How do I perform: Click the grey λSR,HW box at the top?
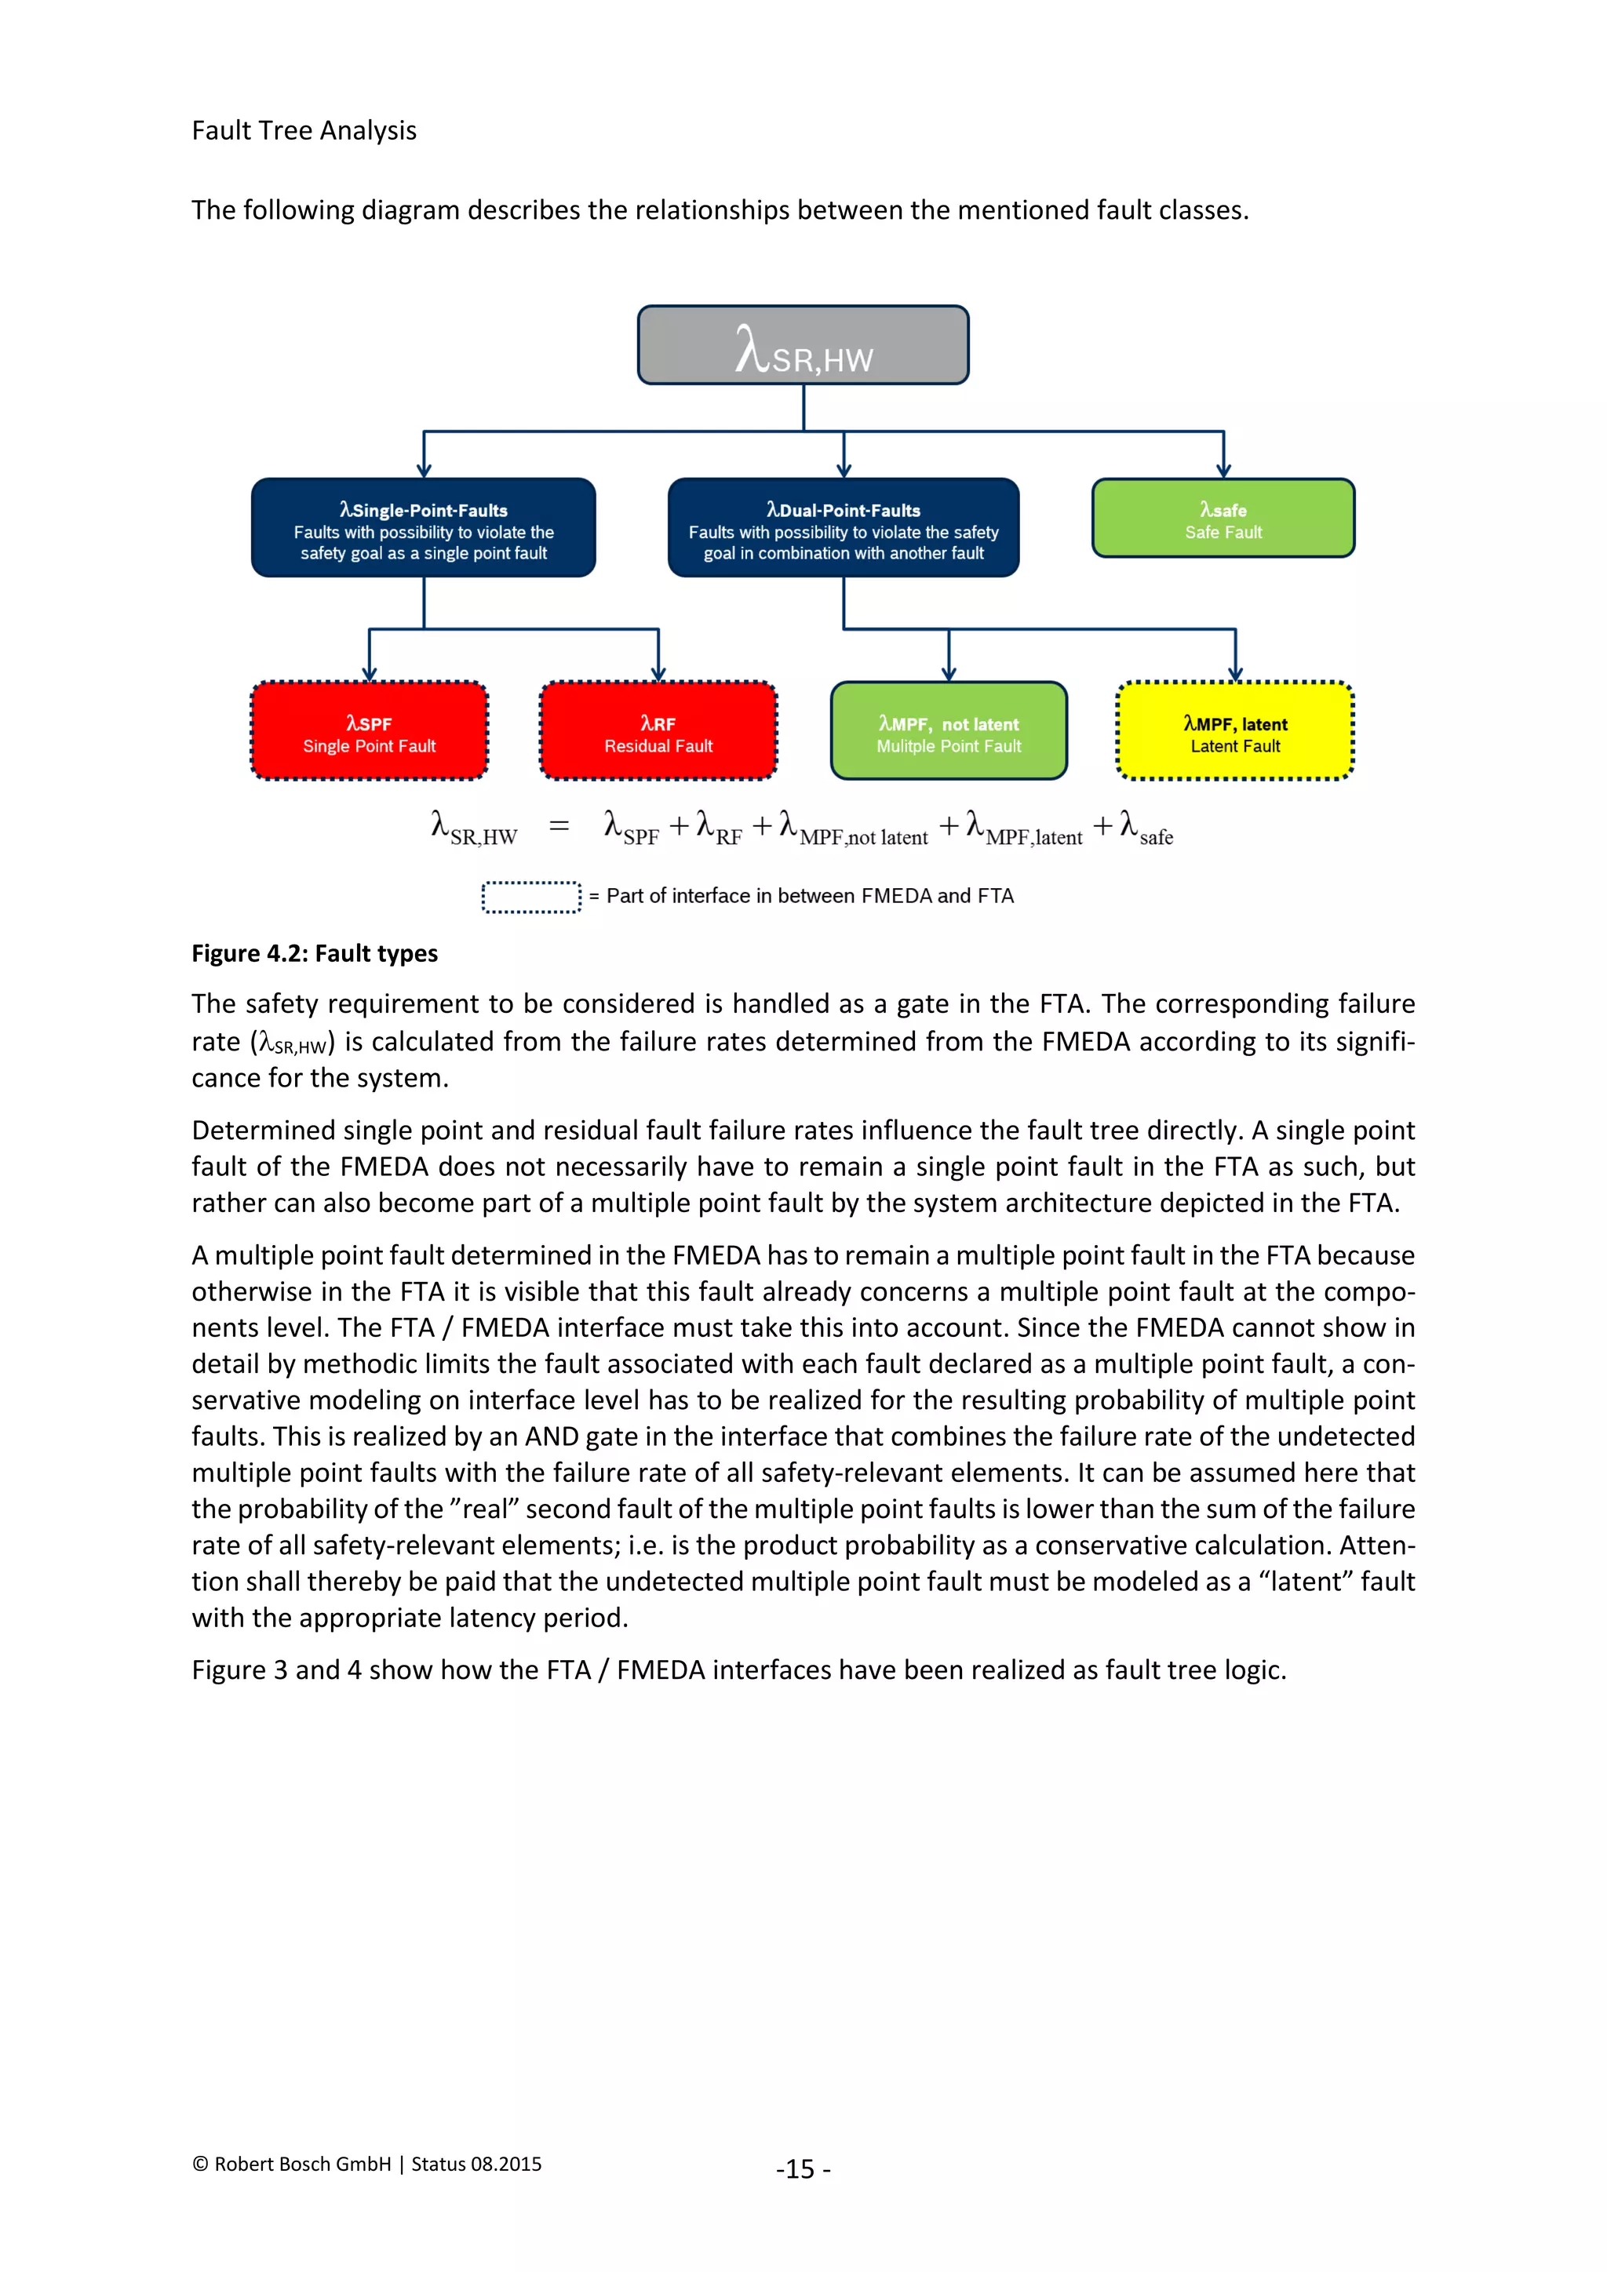point(803,344)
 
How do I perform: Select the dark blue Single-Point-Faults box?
point(424,527)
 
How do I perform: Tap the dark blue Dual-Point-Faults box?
point(843,527)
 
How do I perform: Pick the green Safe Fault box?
point(1223,519)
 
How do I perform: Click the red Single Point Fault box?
point(369,731)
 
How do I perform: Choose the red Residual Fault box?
point(658,731)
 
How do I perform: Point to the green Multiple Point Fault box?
point(949,731)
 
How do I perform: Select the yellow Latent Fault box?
point(1235,731)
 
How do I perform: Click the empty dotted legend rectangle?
point(531,897)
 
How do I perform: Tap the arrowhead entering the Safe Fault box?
point(1224,470)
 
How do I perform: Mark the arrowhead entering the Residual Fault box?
point(658,673)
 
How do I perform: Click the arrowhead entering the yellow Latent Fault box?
point(1235,673)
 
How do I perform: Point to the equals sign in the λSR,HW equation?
point(559,826)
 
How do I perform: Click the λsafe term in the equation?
point(1146,828)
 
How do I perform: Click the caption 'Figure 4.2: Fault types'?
point(315,953)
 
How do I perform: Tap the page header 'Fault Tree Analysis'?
point(304,130)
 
